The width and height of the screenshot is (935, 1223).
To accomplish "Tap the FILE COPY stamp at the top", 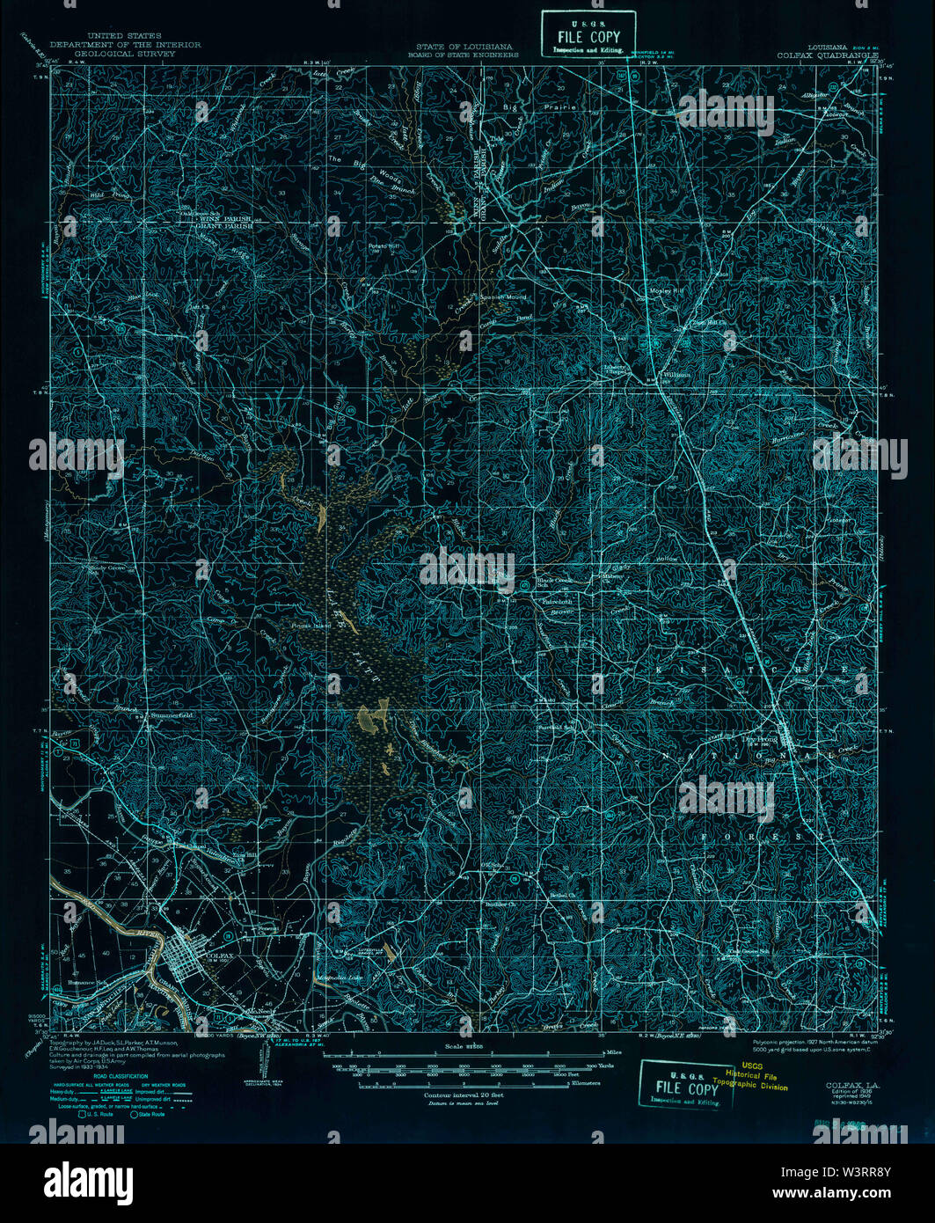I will click(588, 37).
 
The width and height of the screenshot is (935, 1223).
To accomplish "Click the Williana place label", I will click(676, 374).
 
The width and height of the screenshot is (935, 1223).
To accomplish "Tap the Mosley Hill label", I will click(666, 290).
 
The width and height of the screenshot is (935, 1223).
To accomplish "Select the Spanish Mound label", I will click(504, 297).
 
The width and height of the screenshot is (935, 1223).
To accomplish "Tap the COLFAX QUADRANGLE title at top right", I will click(827, 54).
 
